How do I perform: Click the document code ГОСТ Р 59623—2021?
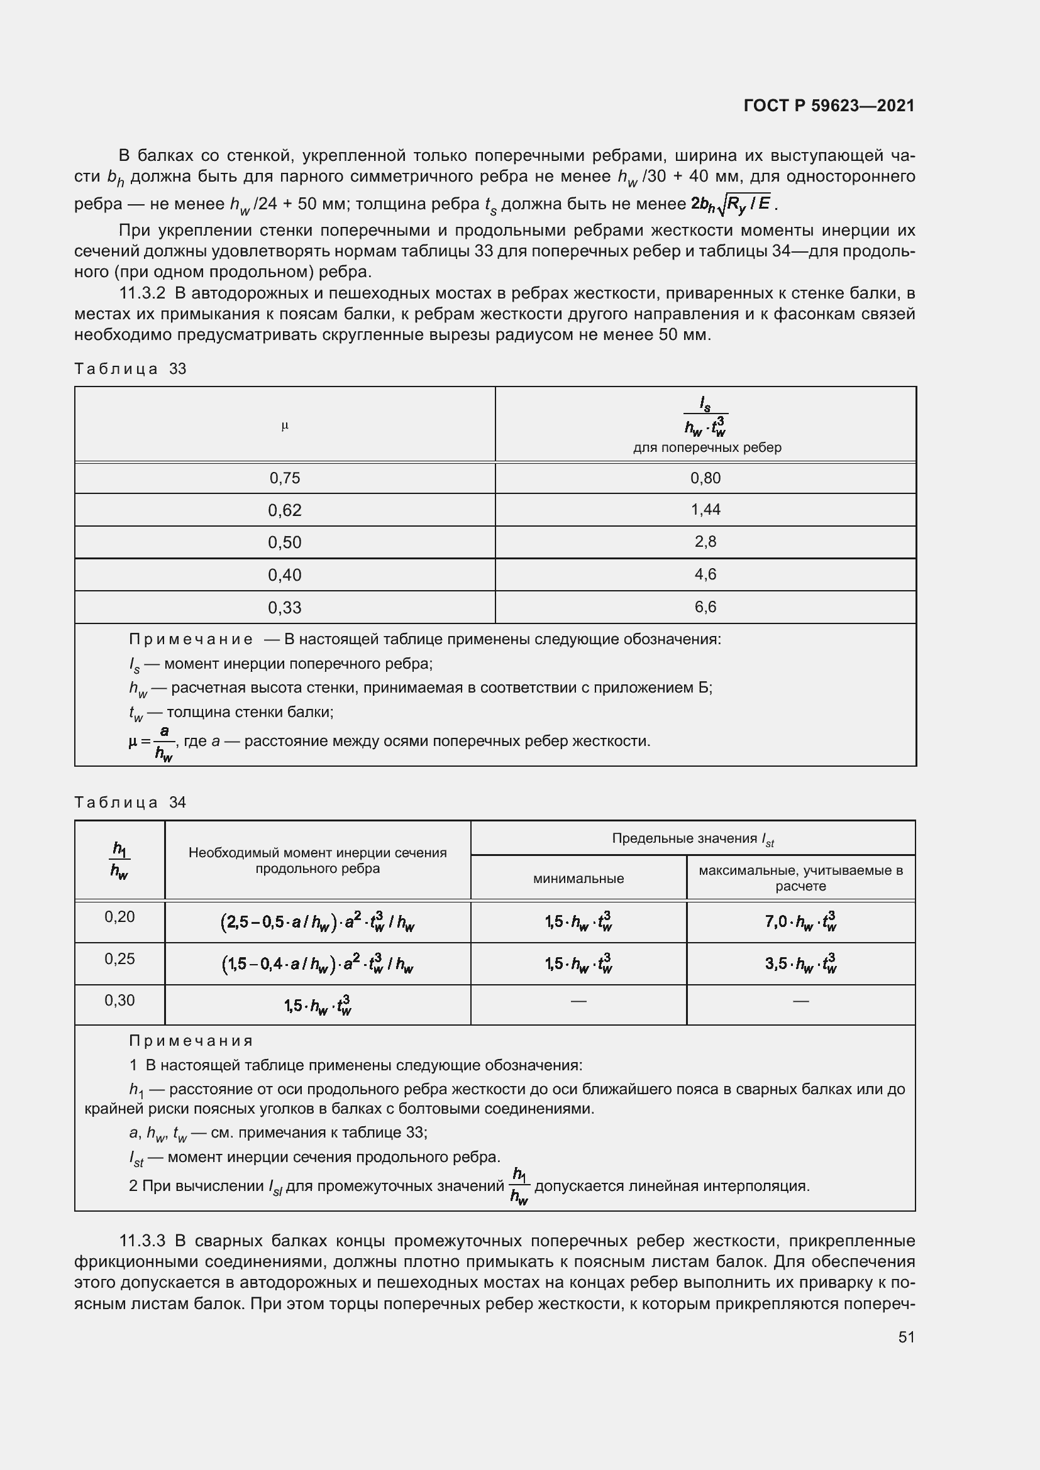[829, 106]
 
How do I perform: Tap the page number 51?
[905, 1337]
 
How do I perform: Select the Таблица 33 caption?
[130, 369]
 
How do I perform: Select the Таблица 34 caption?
[130, 802]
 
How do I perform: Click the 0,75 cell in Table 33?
[284, 478]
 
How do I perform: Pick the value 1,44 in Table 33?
[705, 510]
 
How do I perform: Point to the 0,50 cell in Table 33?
[284, 542]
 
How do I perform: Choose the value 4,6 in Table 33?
[705, 574]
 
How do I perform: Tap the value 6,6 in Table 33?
[705, 607]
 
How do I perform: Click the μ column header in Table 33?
[284, 425]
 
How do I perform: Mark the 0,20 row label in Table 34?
[119, 917]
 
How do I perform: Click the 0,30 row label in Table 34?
[119, 1000]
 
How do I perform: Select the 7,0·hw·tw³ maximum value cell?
[800, 922]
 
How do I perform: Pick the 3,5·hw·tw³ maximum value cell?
[800, 963]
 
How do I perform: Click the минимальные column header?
[578, 879]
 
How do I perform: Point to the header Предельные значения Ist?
[693, 839]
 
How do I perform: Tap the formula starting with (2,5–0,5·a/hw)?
[318, 922]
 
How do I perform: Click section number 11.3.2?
[142, 294]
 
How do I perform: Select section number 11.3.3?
[142, 1241]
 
